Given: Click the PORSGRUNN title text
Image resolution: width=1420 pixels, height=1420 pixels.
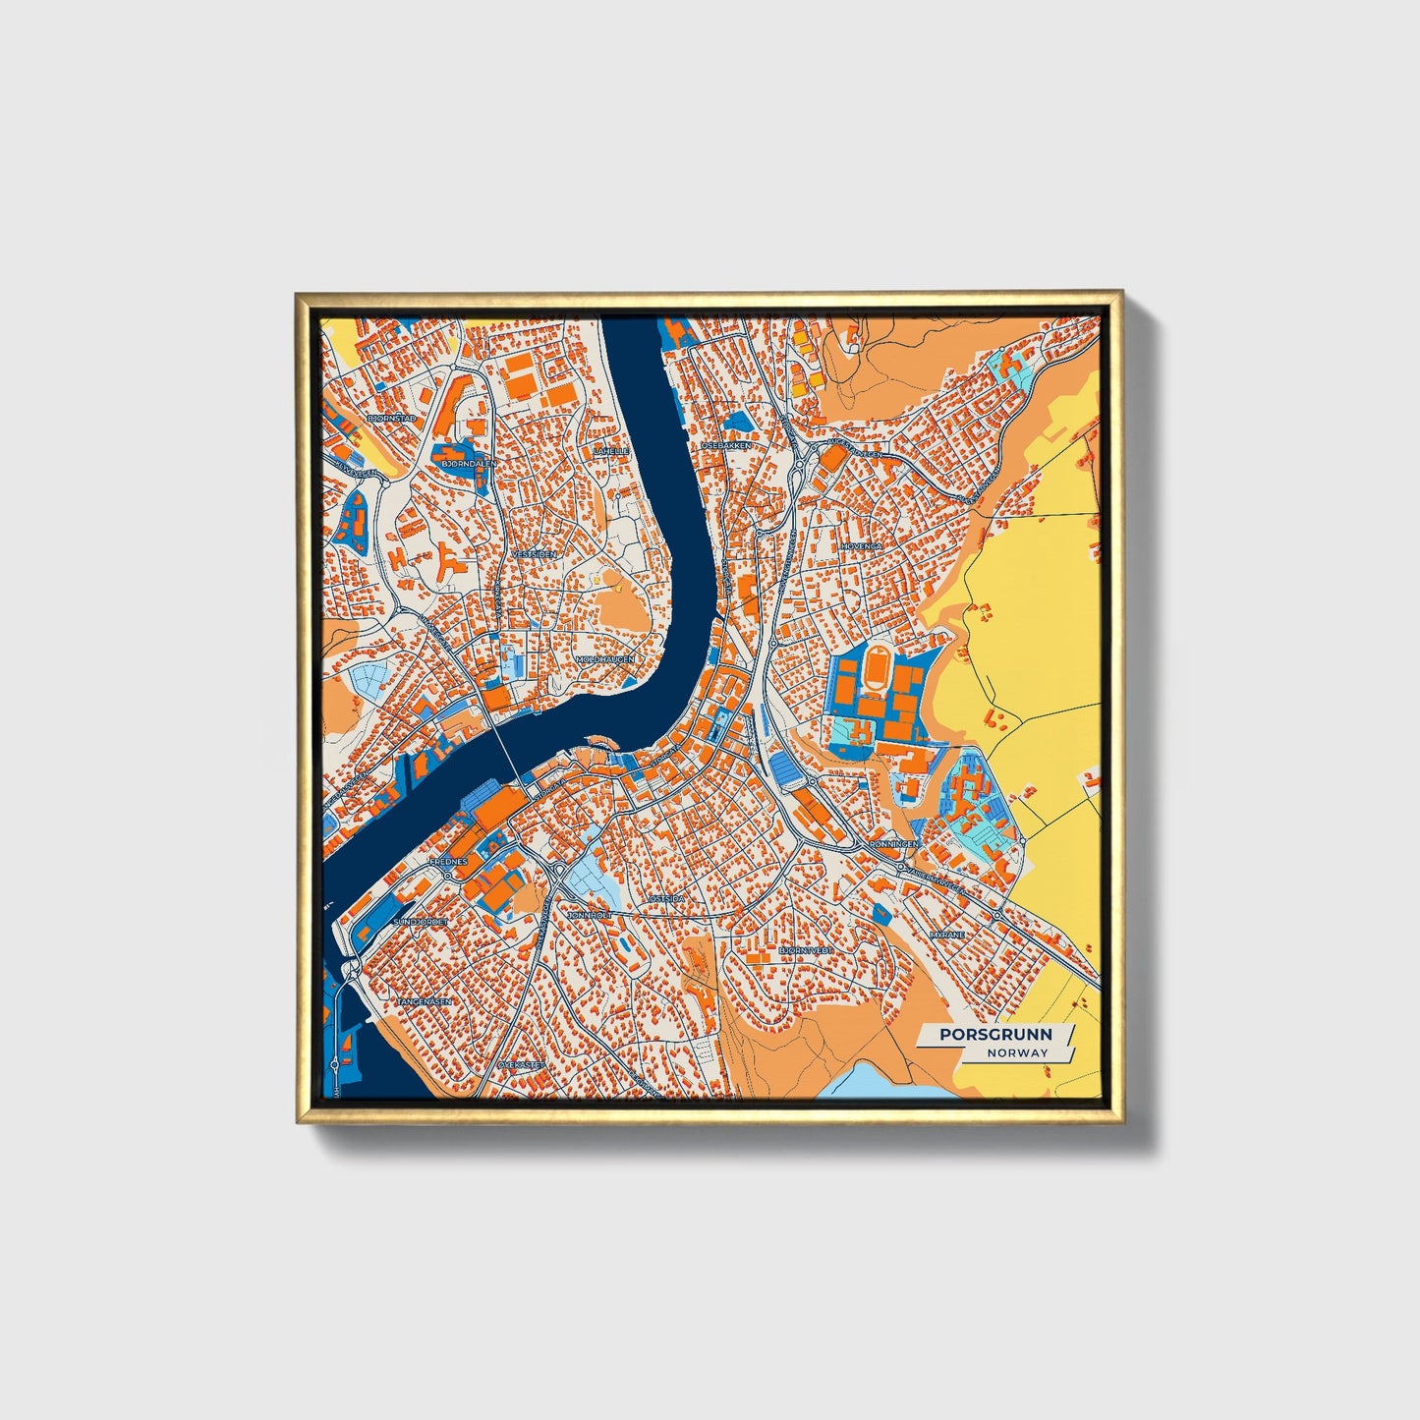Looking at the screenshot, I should tap(994, 1034).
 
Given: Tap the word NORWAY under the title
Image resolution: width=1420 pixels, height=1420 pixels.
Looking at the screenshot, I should tap(1018, 1052).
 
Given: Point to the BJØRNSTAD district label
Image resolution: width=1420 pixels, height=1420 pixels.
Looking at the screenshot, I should tap(391, 418).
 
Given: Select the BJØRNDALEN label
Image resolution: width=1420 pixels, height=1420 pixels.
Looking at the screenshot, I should tap(470, 462).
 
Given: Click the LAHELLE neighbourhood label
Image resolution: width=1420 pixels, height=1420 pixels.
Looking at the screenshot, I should tap(610, 451).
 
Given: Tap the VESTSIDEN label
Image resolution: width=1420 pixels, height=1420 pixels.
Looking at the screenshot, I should tap(534, 554).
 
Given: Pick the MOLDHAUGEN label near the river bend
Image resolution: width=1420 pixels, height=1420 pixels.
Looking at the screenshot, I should tap(605, 659).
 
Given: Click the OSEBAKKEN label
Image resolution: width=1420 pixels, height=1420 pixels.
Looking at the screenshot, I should tap(725, 445).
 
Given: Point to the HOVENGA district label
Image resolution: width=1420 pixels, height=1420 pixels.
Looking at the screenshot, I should tap(861, 545).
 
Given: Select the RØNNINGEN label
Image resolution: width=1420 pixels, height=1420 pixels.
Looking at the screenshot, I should tap(894, 844).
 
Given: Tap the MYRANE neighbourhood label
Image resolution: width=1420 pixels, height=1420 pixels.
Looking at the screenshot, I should tap(947, 935).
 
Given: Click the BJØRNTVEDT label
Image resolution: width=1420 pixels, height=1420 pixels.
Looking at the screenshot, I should tap(806, 951).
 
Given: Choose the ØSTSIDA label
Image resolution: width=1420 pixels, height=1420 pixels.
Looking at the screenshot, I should tap(666, 898).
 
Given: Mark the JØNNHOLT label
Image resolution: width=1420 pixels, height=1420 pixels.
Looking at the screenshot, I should tap(590, 915).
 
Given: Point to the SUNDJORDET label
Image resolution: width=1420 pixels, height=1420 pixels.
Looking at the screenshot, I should tap(421, 922).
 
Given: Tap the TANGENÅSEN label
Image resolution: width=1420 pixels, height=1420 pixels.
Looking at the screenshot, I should tap(424, 1001).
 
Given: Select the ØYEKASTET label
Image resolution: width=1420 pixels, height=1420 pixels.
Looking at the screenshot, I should tap(521, 1065).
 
